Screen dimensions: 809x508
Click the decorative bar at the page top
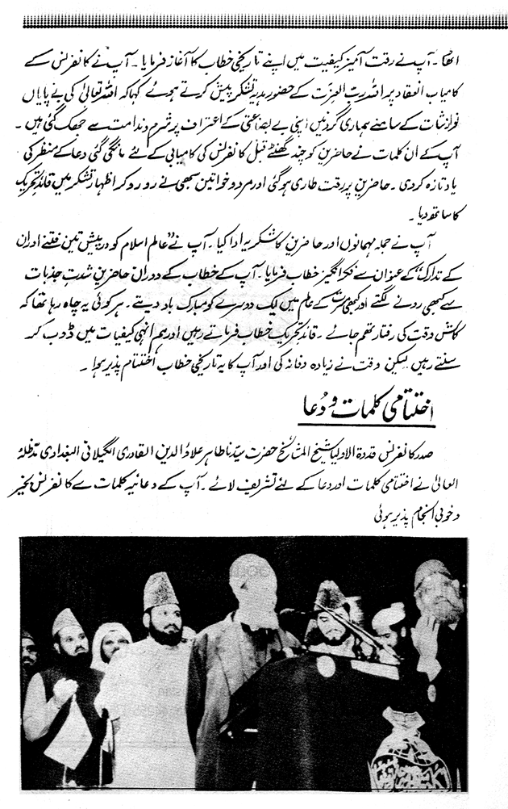pos(254,22)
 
